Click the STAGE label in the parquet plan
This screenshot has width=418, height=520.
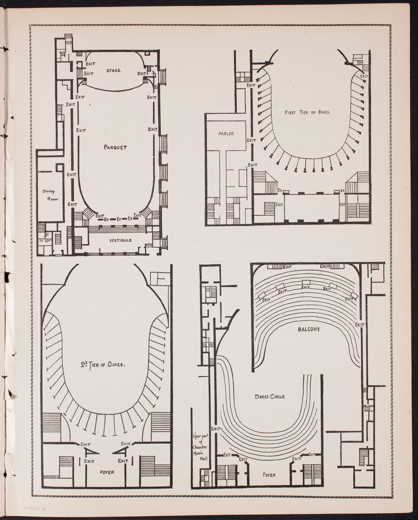(x=114, y=71)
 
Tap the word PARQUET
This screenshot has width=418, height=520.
(x=115, y=147)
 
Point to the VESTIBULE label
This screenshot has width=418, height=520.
(x=115, y=240)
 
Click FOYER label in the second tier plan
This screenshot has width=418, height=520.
(x=107, y=472)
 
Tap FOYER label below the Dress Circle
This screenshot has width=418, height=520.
(x=269, y=475)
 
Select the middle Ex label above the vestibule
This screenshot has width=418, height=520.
(x=119, y=219)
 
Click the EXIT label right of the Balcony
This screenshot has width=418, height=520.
(x=360, y=325)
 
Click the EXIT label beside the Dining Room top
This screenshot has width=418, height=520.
(x=71, y=175)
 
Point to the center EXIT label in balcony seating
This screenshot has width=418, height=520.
(x=306, y=287)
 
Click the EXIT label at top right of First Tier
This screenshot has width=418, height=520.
(x=364, y=76)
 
